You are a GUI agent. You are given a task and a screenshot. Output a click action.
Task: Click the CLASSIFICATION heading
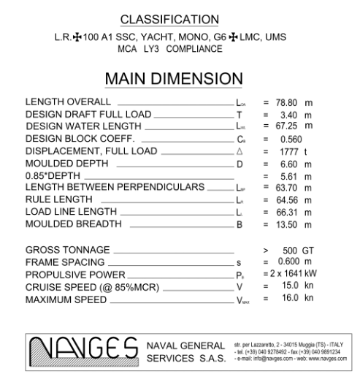tap(180, 18)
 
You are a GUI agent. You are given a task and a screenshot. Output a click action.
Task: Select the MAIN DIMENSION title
tap(180, 78)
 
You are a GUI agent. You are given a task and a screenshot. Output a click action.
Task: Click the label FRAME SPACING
tap(64, 262)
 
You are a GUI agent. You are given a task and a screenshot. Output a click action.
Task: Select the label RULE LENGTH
tap(58, 199)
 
